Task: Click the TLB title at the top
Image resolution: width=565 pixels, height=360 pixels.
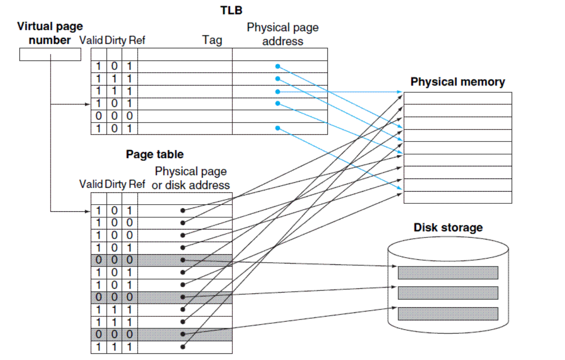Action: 231,10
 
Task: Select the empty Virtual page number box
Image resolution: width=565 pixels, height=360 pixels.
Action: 50,55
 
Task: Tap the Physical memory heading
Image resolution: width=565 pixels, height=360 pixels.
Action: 458,82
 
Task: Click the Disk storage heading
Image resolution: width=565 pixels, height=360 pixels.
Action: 448,228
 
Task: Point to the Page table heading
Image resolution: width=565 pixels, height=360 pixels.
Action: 155,154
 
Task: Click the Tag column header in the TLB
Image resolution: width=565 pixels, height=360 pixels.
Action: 212,40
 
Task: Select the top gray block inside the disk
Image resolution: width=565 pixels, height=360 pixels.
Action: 448,272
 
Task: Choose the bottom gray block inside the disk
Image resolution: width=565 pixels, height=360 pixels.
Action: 448,313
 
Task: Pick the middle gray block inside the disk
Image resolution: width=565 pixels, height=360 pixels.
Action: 448,293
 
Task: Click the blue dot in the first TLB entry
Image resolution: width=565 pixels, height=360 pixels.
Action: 277,67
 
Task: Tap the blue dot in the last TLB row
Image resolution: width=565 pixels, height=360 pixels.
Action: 277,128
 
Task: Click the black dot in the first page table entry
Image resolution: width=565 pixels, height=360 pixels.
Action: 183,210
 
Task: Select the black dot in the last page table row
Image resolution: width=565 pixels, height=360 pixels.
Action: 183,347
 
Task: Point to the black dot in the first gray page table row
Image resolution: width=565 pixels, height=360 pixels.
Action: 183,260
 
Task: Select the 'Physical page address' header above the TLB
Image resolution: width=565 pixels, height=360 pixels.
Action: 283,34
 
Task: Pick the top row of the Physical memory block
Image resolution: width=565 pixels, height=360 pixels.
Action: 458,99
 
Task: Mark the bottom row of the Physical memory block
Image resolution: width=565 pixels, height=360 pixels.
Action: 458,197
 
